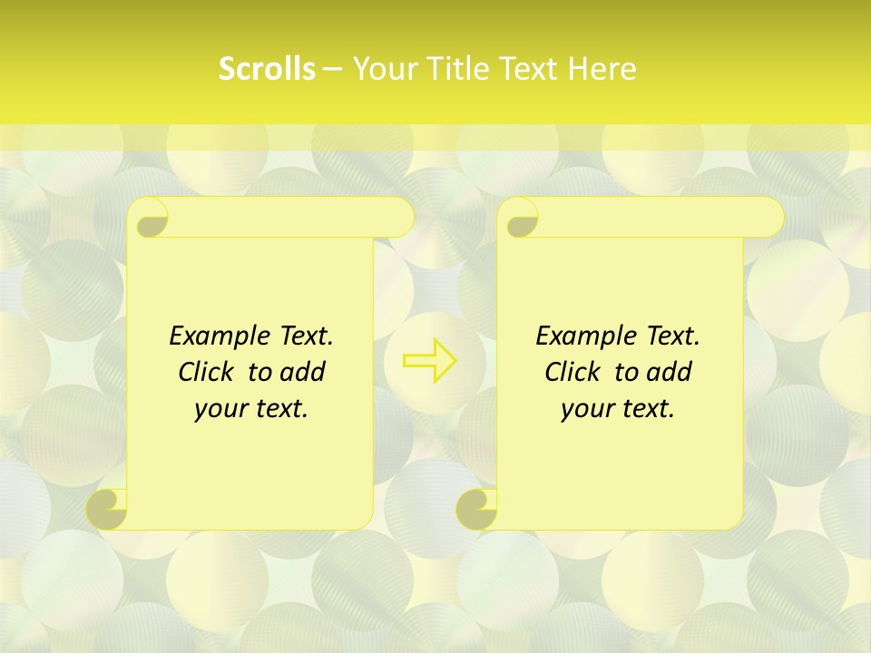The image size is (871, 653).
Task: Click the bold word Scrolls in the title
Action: [x=267, y=69]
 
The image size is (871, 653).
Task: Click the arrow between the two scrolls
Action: [x=430, y=361]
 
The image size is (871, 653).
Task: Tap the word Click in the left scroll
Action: [x=199, y=372]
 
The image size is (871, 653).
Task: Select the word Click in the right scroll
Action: [x=565, y=372]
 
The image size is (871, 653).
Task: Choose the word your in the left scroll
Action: [x=219, y=409]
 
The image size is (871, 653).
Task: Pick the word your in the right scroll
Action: [x=585, y=409]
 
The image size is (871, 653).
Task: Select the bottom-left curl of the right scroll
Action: [x=477, y=508]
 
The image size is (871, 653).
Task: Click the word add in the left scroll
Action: [x=303, y=372]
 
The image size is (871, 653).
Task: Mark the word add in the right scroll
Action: [x=670, y=372]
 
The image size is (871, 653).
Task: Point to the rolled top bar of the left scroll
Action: [x=290, y=218]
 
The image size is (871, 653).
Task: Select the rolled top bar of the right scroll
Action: [x=661, y=218]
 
